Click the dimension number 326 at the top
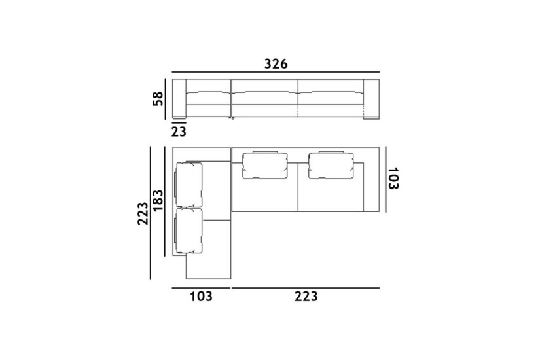click(x=276, y=63)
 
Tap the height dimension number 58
click(x=158, y=99)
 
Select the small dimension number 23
click(x=179, y=131)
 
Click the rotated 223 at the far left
click(x=143, y=213)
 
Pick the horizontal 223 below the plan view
click(x=305, y=297)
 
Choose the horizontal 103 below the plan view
click(x=201, y=297)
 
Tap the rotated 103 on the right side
click(x=393, y=178)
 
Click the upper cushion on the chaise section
click(x=189, y=185)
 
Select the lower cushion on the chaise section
click(x=189, y=230)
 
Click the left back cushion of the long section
click(x=266, y=165)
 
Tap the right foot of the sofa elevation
click(x=371, y=119)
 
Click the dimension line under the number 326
click(x=276, y=72)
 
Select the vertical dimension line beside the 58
click(x=171, y=99)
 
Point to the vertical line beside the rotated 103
click(x=386, y=179)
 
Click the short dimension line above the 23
click(x=179, y=123)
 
